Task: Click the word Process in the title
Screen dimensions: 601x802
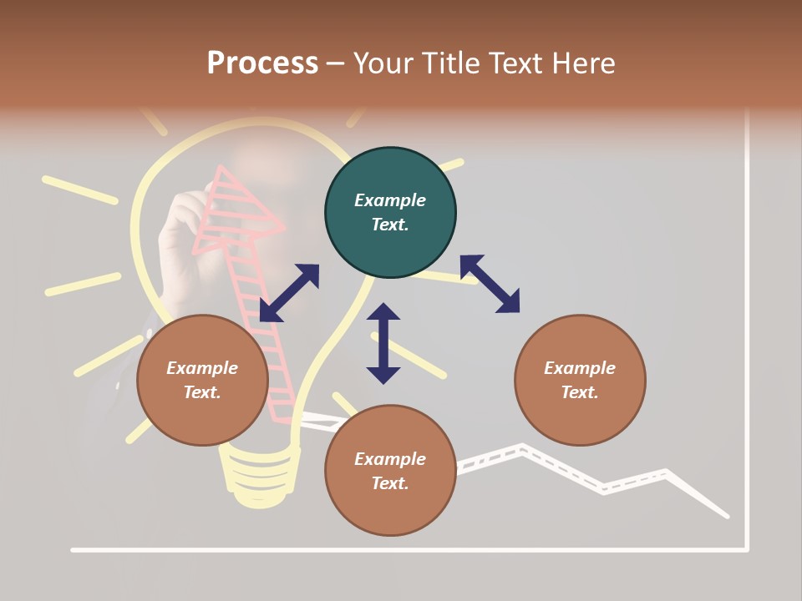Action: coord(262,63)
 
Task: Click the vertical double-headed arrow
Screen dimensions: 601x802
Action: coord(383,343)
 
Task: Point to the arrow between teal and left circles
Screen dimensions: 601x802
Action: coord(289,293)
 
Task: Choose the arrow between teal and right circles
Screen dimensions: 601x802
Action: coord(490,284)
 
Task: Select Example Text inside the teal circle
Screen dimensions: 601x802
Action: coord(390,212)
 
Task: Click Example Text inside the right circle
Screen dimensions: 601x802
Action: coord(580,380)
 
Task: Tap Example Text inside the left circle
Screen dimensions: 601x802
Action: coord(202,380)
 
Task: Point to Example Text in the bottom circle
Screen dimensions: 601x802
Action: coord(390,471)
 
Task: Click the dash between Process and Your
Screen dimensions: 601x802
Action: coord(336,64)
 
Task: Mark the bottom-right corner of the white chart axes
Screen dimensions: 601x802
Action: coord(746,549)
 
